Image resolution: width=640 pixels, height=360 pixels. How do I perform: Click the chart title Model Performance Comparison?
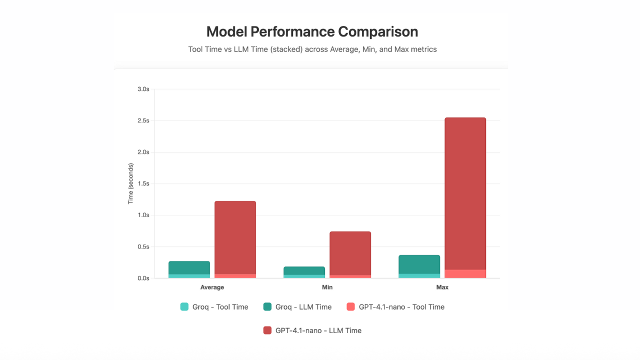tap(312, 31)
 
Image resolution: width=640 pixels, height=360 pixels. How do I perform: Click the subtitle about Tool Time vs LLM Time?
tap(312, 49)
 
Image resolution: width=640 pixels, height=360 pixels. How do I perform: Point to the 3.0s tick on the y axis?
tap(143, 89)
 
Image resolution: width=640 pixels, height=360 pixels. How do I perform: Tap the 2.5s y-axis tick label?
tap(143, 120)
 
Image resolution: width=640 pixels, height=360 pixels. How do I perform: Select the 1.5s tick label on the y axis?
tap(143, 183)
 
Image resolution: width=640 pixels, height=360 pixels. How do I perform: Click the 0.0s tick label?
tap(143, 278)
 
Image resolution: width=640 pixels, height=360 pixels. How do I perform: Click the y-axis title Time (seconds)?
tap(130, 183)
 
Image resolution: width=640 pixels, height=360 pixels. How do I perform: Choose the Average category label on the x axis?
tap(212, 287)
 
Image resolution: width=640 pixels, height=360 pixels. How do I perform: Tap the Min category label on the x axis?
tap(327, 287)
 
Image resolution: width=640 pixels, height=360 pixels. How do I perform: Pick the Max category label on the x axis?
tap(442, 287)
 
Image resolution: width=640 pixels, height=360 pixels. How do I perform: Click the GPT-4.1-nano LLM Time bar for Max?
tap(465, 193)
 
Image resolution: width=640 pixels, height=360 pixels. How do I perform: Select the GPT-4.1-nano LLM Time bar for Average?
tap(235, 237)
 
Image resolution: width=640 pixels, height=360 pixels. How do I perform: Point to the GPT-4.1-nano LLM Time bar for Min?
tap(350, 253)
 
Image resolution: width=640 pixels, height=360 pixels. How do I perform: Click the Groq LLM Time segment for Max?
tap(419, 264)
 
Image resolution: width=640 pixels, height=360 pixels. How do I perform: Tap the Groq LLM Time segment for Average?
tap(189, 268)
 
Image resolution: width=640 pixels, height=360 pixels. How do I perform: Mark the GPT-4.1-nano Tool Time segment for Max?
tap(465, 274)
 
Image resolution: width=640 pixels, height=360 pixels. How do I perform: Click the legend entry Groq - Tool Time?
tap(214, 307)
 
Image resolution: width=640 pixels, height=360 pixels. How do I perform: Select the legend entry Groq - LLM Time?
tap(297, 307)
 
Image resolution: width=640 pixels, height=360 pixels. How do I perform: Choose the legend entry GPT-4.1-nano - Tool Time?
tap(395, 307)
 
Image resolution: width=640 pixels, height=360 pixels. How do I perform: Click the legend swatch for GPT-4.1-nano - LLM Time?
tap(267, 330)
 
